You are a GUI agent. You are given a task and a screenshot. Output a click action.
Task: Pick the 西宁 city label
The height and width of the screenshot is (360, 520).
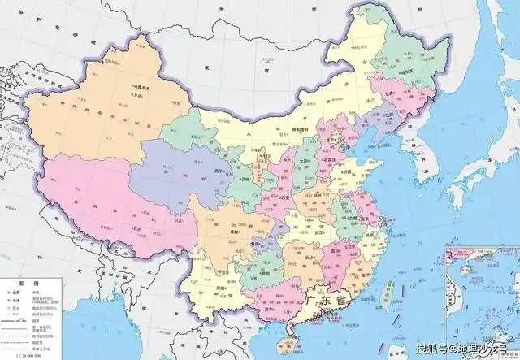216,172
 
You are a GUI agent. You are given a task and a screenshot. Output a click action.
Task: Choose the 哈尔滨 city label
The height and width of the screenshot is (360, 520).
403,72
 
